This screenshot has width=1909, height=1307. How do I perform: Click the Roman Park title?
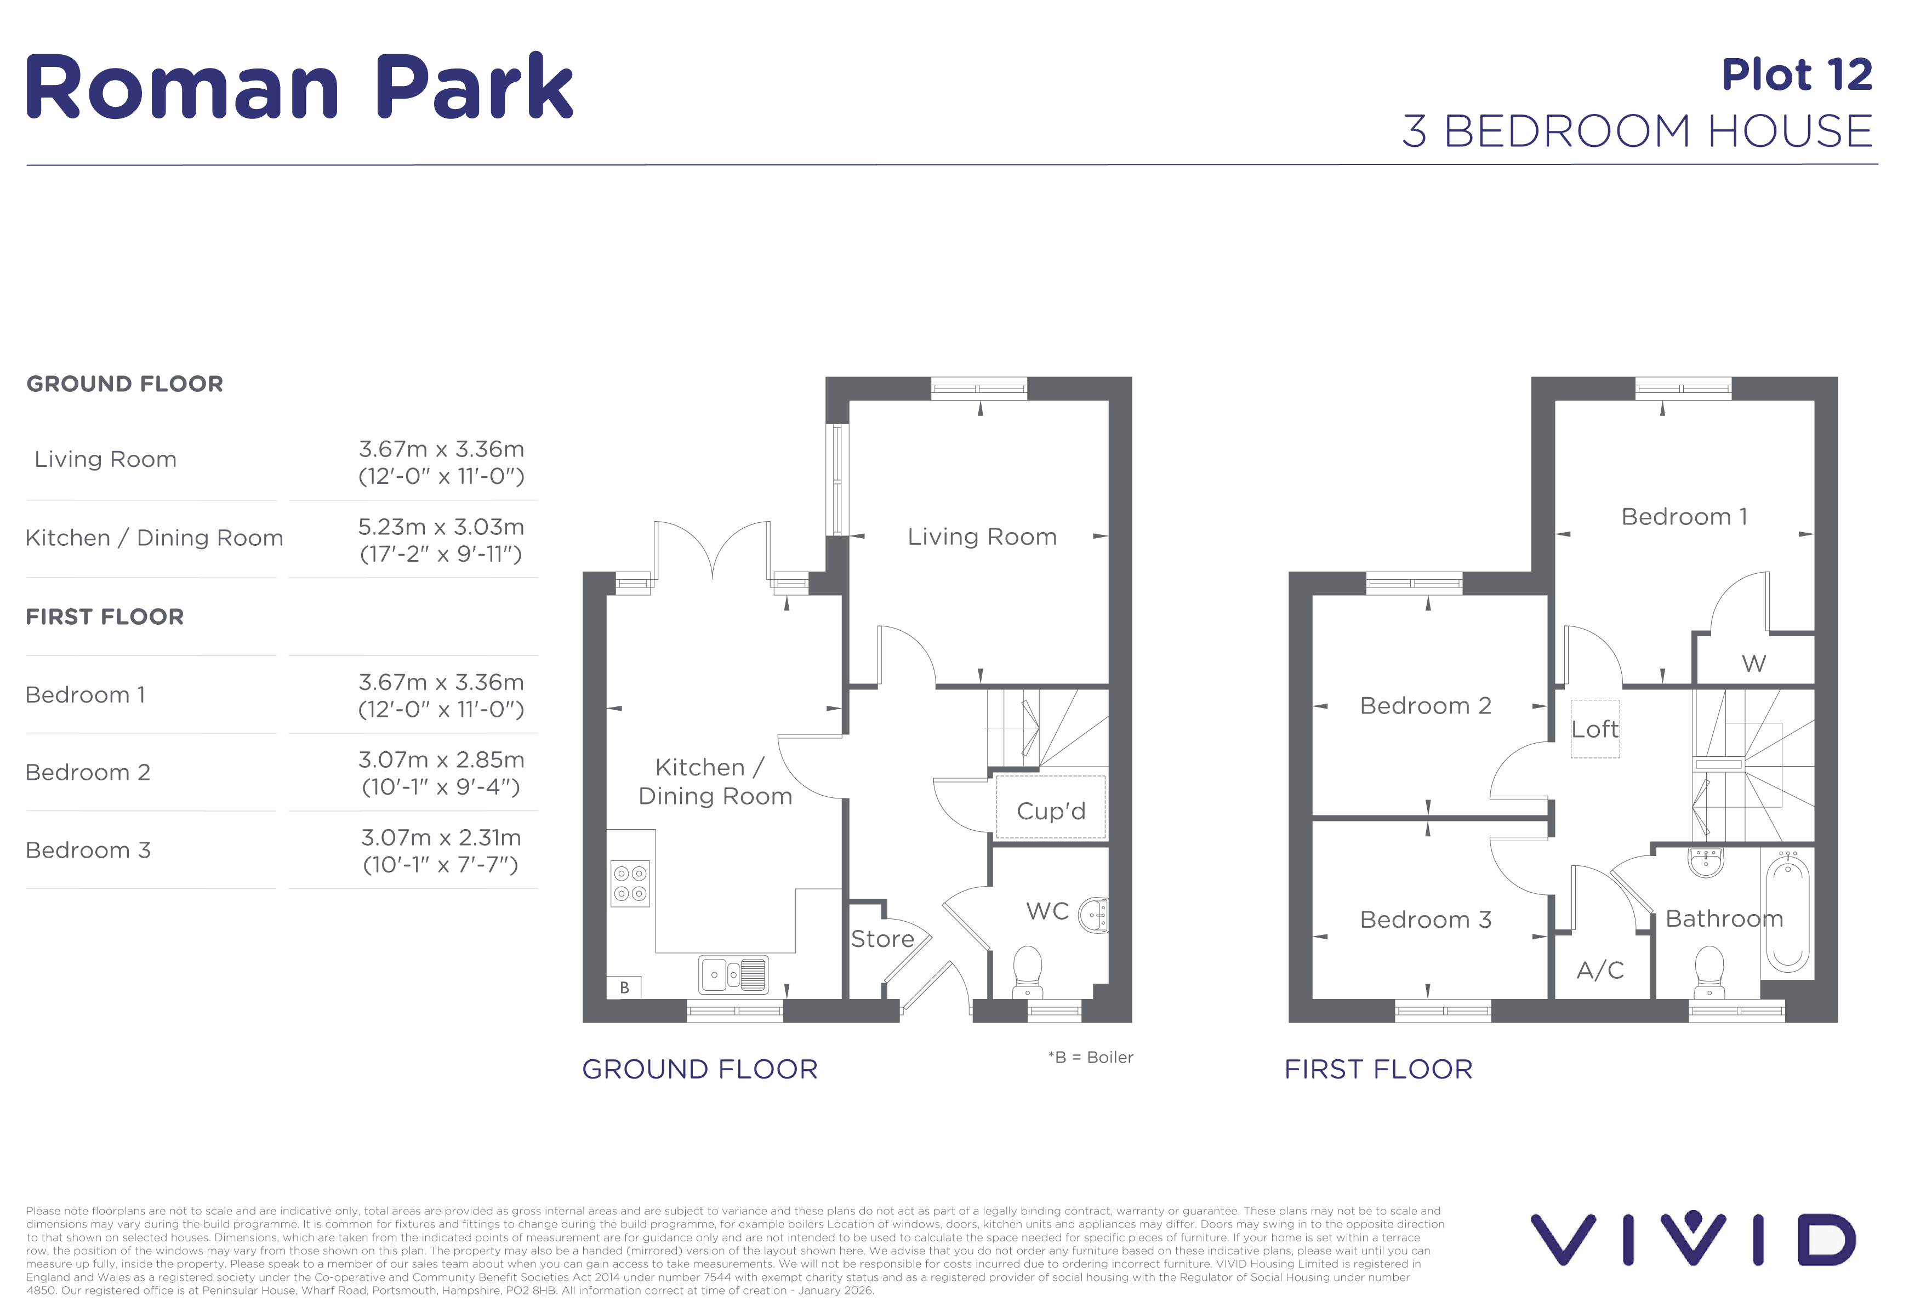(299, 86)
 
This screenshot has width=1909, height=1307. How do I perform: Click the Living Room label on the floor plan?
(982, 537)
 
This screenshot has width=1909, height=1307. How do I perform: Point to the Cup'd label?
(1051, 811)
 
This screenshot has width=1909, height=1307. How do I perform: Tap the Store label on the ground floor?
(882, 939)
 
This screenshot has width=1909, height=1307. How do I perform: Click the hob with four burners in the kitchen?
(630, 883)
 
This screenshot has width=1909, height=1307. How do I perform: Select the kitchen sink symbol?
(733, 974)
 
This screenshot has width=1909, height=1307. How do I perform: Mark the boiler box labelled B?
(624, 988)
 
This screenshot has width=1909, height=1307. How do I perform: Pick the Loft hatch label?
(1594, 729)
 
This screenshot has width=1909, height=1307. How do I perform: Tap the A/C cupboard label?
(1600, 970)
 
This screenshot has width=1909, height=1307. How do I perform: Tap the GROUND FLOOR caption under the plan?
(700, 1069)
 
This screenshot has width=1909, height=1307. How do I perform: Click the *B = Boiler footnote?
(1090, 1057)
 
